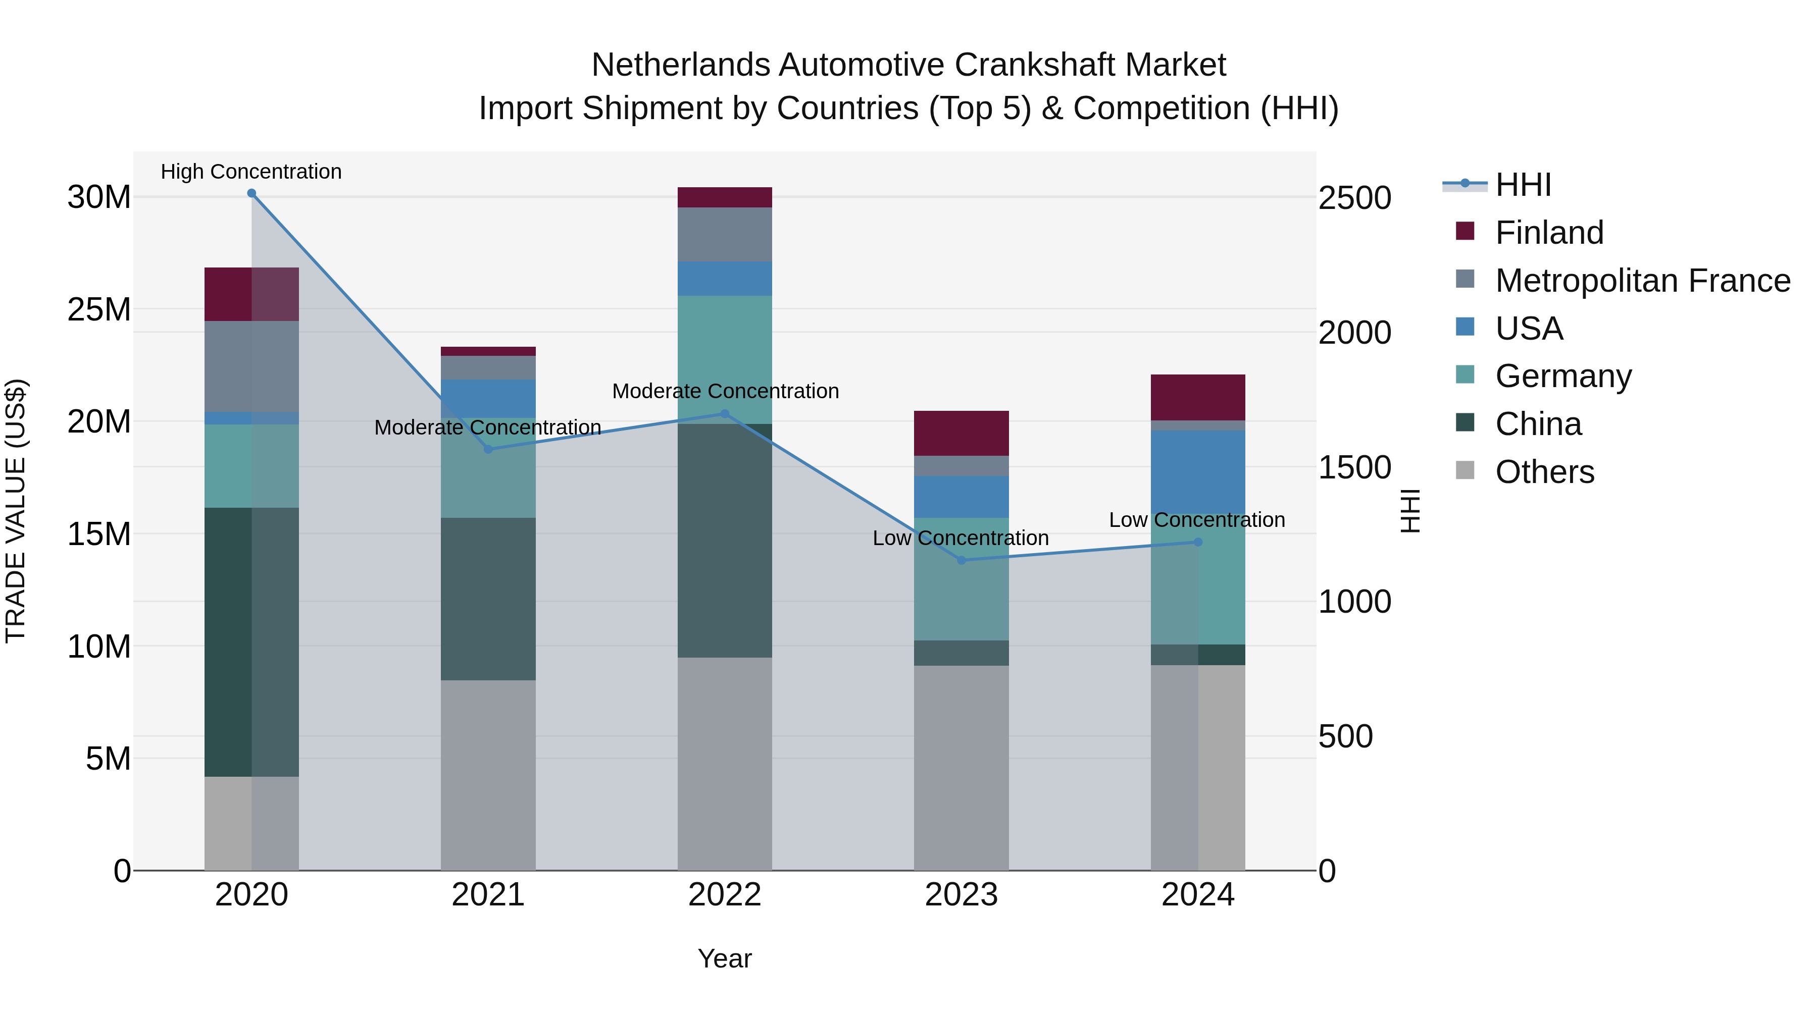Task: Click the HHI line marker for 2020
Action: [x=251, y=193]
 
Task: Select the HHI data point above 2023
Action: [x=961, y=560]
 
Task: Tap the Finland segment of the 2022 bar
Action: [x=725, y=197]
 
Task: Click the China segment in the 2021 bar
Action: [x=488, y=599]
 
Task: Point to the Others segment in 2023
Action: [x=961, y=767]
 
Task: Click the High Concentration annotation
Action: [x=251, y=172]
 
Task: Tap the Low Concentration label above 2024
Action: [x=1197, y=520]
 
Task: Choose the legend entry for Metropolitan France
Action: [x=1642, y=280]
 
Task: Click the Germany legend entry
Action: [x=1563, y=376]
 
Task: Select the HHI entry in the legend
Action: [x=1523, y=185]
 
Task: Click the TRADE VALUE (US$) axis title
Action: [x=16, y=511]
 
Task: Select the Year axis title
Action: [x=725, y=958]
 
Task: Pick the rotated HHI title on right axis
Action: [x=1409, y=511]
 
